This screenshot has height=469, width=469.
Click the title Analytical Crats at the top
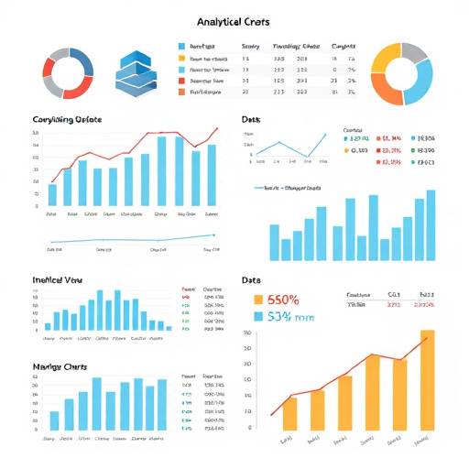point(234,19)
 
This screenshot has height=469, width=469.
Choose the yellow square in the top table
point(181,57)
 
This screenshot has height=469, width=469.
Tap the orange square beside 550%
point(257,300)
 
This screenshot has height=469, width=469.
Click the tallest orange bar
point(427,379)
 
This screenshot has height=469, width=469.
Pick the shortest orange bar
point(289,413)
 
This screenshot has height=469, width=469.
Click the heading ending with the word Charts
point(60,366)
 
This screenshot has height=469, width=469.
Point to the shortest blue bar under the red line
point(52,195)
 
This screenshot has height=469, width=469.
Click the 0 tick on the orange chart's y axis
point(249,427)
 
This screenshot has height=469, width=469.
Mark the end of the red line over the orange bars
point(427,338)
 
